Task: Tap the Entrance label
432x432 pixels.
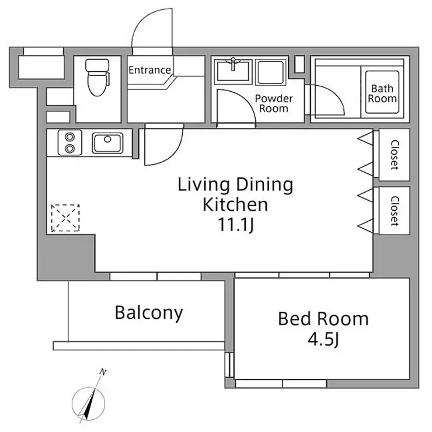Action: (x=149, y=71)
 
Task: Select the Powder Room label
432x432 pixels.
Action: (x=273, y=103)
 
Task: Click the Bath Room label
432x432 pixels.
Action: (x=382, y=94)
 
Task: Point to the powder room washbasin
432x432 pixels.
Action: (x=234, y=72)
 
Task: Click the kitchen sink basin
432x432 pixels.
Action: (x=106, y=142)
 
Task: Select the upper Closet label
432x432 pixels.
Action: (x=395, y=154)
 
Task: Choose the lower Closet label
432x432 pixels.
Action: (x=395, y=210)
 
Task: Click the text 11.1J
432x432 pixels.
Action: (x=235, y=225)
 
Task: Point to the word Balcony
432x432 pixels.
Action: (x=148, y=313)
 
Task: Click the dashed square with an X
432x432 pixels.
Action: (x=65, y=218)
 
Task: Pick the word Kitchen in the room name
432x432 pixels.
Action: (x=235, y=205)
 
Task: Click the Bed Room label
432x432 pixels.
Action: (x=323, y=319)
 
